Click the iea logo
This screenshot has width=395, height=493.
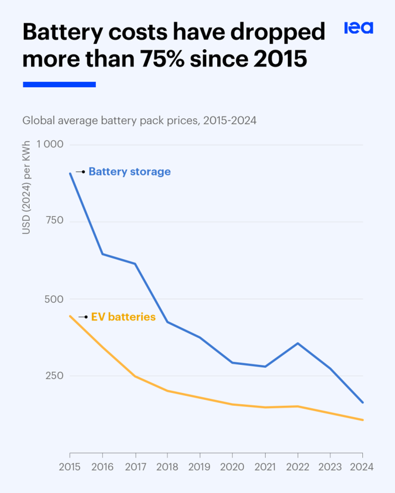tap(359, 28)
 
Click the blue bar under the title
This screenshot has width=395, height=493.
tap(59, 84)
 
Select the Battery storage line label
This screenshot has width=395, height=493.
tap(130, 171)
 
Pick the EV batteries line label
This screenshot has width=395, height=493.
tap(123, 317)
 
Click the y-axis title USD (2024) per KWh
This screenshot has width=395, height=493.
tap(26, 188)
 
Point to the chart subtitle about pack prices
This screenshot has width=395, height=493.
tap(139, 121)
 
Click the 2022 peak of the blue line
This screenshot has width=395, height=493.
tap(298, 343)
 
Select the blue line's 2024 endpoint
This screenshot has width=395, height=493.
tap(362, 402)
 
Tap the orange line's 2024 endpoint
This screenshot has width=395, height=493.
tap(362, 420)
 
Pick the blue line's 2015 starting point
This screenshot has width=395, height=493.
tap(70, 174)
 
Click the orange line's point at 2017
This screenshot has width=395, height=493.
tap(135, 377)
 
